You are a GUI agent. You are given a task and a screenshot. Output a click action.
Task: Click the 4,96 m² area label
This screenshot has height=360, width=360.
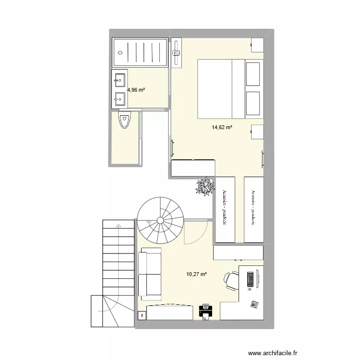136,89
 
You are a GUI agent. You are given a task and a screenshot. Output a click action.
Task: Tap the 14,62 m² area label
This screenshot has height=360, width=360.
222,128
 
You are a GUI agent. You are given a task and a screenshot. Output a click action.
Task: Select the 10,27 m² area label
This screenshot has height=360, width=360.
196,275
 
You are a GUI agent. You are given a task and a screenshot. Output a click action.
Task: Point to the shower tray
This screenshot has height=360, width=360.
140,53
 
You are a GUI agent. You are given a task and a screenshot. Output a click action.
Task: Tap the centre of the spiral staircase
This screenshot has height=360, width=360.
160,220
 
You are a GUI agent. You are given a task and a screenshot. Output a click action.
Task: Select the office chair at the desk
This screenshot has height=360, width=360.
231,281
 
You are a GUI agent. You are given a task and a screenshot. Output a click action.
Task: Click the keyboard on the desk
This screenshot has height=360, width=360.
250,281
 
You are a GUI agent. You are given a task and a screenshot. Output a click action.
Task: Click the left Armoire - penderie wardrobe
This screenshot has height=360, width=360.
225,209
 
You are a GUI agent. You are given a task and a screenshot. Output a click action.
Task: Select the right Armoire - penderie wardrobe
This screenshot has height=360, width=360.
253,209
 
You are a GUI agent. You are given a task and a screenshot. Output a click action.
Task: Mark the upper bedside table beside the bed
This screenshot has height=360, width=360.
257,45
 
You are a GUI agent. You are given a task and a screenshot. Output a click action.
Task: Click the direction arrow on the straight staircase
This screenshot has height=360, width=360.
118,225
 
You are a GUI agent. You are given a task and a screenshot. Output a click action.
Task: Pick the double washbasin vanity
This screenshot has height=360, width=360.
120,89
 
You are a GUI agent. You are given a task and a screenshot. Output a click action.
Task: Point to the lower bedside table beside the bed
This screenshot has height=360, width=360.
257,132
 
